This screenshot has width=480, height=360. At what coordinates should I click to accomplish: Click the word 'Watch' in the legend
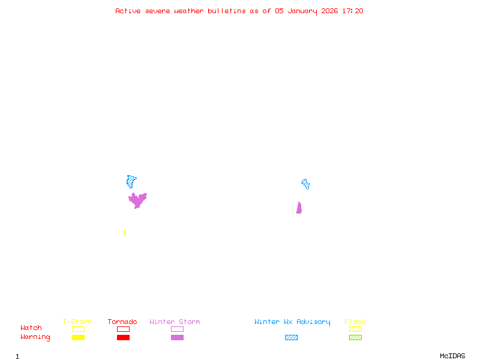[x=31, y=328]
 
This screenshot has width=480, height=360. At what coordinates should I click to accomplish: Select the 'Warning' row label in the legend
[x=35, y=337]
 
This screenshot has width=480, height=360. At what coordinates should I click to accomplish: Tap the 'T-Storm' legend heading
[x=77, y=322]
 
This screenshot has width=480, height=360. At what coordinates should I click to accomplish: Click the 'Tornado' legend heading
[x=122, y=322]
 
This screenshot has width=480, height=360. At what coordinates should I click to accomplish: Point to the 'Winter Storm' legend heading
[x=175, y=322]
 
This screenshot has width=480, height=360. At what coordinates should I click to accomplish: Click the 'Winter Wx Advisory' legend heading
[x=292, y=322]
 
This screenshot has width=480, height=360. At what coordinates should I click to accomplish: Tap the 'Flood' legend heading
[x=355, y=322]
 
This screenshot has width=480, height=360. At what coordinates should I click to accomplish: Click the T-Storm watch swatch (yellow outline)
[x=78, y=329]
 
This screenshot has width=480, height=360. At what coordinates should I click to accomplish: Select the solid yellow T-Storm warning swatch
[x=78, y=337]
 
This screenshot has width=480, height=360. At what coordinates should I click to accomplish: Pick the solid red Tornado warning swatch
[x=123, y=337]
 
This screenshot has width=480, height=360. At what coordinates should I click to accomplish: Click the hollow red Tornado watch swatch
[x=123, y=329]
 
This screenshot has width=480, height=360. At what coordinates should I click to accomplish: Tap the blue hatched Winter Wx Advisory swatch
[x=291, y=337]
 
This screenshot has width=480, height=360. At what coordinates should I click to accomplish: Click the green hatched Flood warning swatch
[x=355, y=337]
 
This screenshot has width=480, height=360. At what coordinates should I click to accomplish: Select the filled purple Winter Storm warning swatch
[x=177, y=337]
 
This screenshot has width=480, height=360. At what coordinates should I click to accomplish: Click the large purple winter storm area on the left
[x=137, y=200]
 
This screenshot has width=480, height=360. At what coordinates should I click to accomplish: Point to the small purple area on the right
[x=299, y=208]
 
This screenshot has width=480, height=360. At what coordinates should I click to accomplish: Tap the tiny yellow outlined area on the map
[x=124, y=232]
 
